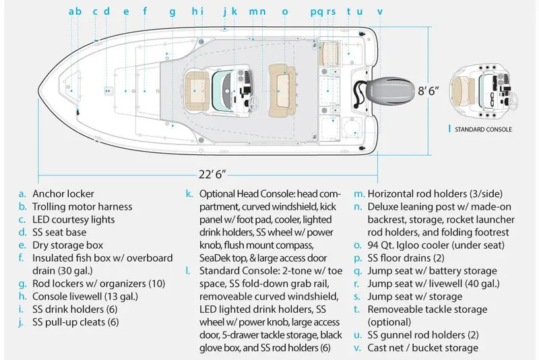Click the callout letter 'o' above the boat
tap(284, 11)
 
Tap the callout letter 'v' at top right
tap(380, 11)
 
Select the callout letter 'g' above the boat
tap(172, 11)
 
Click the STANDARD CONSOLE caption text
tap(482, 129)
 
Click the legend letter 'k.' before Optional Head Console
tap(190, 193)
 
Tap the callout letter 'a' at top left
tap(71, 11)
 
